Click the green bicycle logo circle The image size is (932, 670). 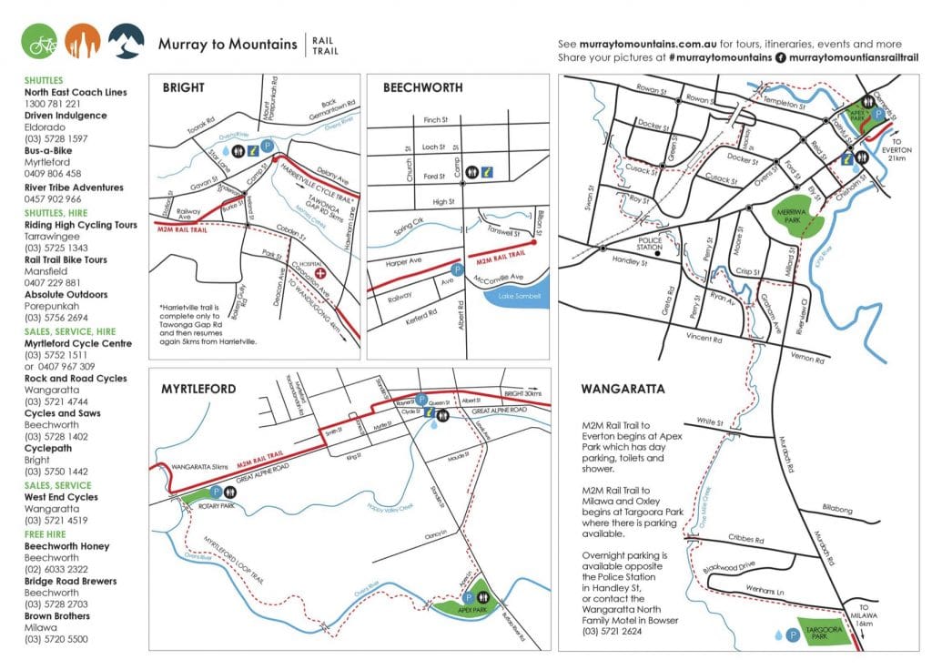pos(40,41)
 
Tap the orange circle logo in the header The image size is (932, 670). pos(83,41)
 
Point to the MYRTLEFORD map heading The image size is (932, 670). pos(199,389)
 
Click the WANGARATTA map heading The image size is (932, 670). pos(623,389)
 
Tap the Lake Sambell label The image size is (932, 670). pos(520,296)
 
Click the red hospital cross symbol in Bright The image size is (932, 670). pos(319,273)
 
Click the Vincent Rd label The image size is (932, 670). pos(704,338)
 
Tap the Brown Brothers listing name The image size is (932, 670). pos(56,616)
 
